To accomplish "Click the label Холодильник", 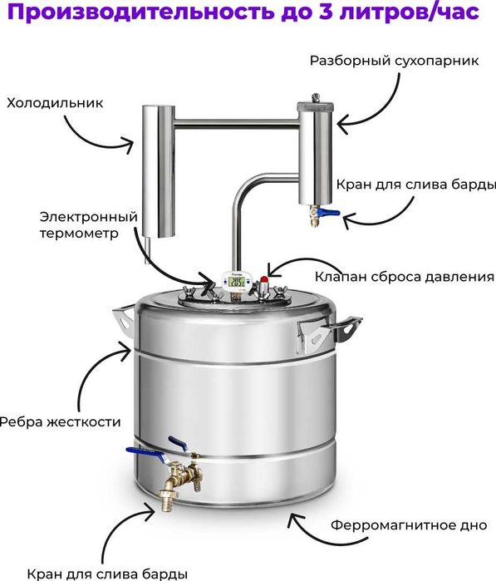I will click(x=54, y=104).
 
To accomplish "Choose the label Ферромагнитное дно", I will click(x=409, y=525).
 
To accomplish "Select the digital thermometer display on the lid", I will click(x=238, y=283).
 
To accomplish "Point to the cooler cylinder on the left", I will click(x=152, y=170).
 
